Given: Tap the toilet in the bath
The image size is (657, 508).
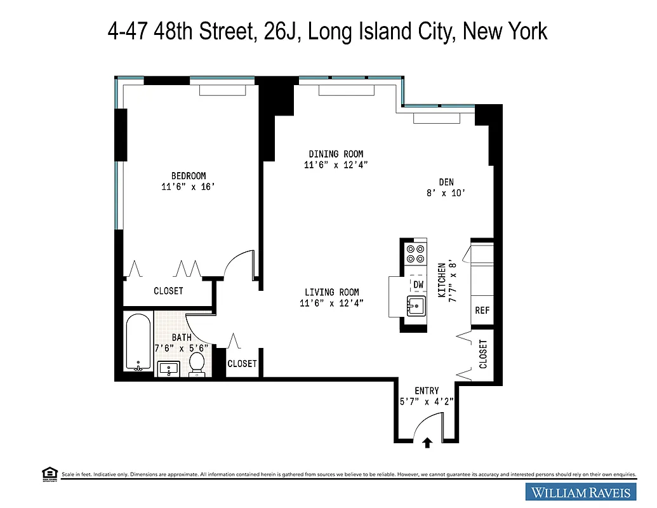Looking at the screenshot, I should click(x=197, y=364).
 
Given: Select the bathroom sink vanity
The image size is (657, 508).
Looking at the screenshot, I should click(x=168, y=368).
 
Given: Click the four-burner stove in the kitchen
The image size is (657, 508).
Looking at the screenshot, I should click(x=415, y=254).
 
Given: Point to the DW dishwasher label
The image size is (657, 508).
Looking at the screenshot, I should click(x=418, y=284).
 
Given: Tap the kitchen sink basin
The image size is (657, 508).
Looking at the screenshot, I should click(x=416, y=305).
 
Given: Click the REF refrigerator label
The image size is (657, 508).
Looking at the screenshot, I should click(x=482, y=311).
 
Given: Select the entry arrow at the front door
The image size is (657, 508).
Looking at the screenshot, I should click(x=427, y=443).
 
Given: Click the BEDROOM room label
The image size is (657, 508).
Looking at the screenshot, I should click(x=188, y=176).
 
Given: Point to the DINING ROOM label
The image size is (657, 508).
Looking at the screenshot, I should click(x=336, y=154).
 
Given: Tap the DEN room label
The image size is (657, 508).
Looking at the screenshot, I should click(x=446, y=182).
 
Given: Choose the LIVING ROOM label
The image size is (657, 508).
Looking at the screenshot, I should click(x=331, y=292).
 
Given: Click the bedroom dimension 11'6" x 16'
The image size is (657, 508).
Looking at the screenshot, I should click(x=188, y=187).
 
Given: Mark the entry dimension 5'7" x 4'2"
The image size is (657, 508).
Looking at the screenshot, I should click(x=427, y=401).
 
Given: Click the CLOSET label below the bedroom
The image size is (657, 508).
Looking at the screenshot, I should click(x=168, y=291).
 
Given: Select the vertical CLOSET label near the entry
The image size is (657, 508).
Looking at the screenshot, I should click(x=483, y=354).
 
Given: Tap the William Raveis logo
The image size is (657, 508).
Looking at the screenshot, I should click(x=581, y=492).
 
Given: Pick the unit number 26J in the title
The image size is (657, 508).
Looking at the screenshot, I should click(x=280, y=30).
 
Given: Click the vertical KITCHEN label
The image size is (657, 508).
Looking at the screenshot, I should click(x=442, y=279).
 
